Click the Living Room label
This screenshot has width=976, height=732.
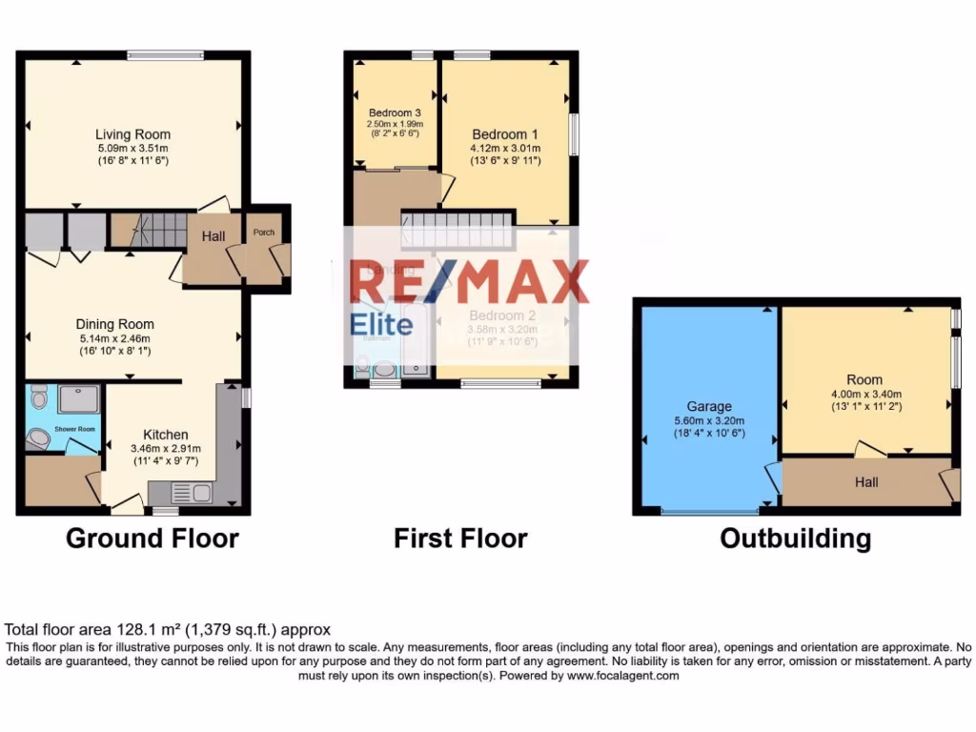[x=132, y=134]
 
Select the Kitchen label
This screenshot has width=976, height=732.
[x=165, y=435]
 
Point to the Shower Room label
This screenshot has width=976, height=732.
[x=74, y=429]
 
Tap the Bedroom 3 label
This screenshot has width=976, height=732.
[x=396, y=112]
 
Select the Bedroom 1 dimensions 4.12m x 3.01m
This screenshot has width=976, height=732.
[x=505, y=148]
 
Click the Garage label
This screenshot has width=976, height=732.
[x=709, y=406]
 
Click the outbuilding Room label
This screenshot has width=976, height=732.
[x=864, y=380]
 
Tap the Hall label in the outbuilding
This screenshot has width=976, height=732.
[x=866, y=482]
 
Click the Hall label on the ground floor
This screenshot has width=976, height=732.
[x=213, y=234]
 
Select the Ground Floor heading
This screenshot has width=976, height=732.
[x=152, y=539]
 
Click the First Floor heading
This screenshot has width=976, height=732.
[x=460, y=539]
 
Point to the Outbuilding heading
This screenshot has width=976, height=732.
[x=795, y=539]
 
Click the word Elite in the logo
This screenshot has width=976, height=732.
[x=381, y=325]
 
